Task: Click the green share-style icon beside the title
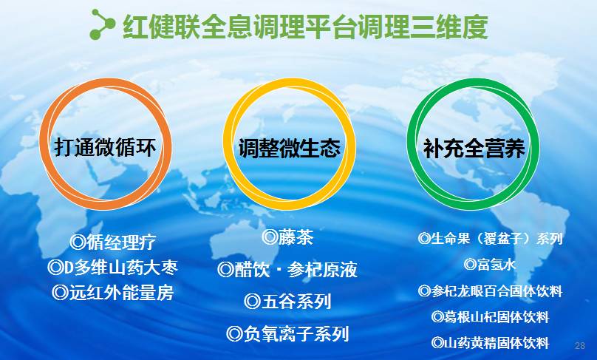[x=102, y=24]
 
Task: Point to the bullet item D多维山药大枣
[x=112, y=266]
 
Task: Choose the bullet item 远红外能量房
[x=112, y=292]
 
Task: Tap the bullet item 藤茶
[x=287, y=237]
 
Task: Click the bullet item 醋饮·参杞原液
[x=287, y=270]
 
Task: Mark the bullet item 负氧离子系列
[x=287, y=334]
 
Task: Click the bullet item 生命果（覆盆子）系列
[x=490, y=239]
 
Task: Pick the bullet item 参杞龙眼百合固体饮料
[x=490, y=291]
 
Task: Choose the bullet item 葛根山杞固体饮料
[x=490, y=317]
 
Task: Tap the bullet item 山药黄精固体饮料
[x=490, y=343]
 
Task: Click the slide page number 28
[x=579, y=346]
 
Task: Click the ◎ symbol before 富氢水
[x=470, y=264]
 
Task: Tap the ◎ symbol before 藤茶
[x=270, y=237]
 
